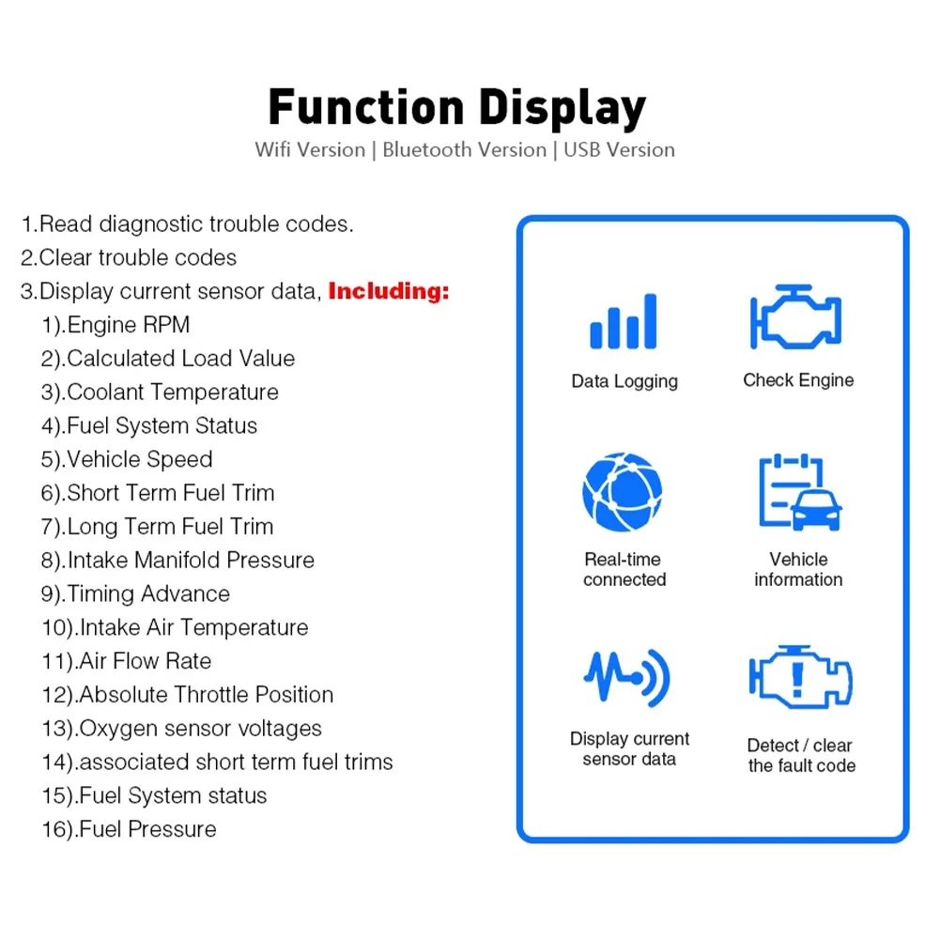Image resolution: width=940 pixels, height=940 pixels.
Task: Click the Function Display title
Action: pos(457,107)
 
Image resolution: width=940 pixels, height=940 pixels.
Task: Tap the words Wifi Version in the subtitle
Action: pos(310,149)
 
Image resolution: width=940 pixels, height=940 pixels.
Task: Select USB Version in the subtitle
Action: pos(619,149)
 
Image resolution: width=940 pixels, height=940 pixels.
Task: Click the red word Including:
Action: pos(389,291)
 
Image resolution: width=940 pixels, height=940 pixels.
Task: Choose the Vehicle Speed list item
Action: pos(127,459)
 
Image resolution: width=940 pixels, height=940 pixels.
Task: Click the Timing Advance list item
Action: pos(135,593)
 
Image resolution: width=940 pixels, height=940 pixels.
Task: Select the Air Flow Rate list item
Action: pos(126,661)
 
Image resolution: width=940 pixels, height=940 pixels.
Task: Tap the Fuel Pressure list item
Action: pos(129,829)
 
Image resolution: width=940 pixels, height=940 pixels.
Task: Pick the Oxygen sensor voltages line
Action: pos(181,728)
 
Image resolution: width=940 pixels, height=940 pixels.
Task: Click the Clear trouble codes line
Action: pos(129,257)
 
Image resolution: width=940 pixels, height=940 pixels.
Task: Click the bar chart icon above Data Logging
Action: pos(623,323)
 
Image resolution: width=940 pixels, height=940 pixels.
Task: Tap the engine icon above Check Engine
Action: pos(795,318)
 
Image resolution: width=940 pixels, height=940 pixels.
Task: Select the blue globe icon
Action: pos(622,492)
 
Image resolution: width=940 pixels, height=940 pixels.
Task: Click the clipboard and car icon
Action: pos(799,493)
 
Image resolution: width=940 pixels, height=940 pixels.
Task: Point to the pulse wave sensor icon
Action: pos(626,677)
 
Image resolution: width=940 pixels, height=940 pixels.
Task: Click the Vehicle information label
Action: pos(798,569)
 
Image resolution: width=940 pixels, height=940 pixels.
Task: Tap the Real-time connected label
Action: pos(624,569)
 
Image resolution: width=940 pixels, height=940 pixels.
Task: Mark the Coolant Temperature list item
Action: pos(160,392)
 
